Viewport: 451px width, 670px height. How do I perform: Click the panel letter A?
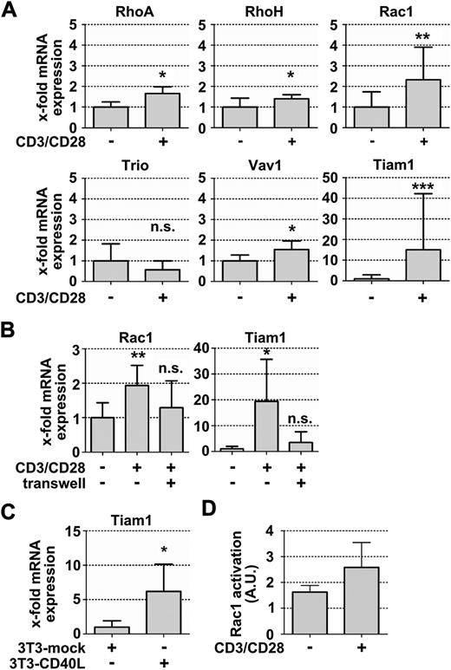click(10, 10)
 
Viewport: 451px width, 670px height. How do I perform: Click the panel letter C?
click(10, 506)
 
